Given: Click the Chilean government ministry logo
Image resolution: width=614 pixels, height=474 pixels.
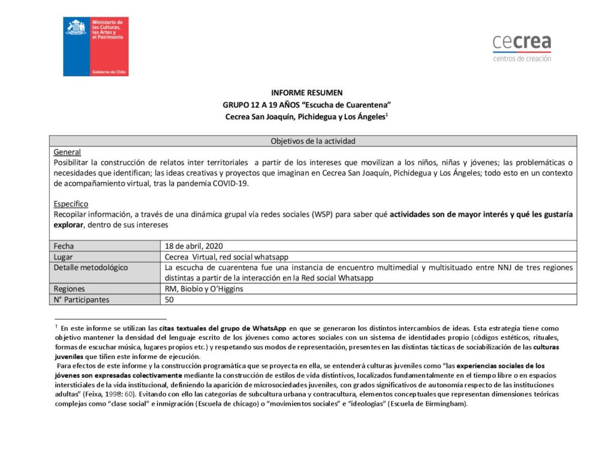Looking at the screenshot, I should (96, 46).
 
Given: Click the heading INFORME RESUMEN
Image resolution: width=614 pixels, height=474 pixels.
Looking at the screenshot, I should (307, 93).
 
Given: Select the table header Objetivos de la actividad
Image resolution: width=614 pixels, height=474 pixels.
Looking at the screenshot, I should (313, 141).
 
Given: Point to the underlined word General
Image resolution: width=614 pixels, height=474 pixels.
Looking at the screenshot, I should (67, 152).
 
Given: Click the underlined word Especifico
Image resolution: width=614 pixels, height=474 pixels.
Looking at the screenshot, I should (71, 204).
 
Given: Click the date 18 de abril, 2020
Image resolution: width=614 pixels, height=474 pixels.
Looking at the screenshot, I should (193, 246).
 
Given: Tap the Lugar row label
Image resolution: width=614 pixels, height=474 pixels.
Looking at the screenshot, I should (63, 256).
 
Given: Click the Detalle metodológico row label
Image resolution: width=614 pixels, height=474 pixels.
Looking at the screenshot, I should (91, 267).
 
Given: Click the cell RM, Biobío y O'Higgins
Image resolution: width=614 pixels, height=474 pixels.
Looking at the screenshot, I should (204, 289).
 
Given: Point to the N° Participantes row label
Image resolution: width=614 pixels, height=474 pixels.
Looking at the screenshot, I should (82, 300).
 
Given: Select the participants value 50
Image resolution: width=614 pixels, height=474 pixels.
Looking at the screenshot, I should (169, 300).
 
